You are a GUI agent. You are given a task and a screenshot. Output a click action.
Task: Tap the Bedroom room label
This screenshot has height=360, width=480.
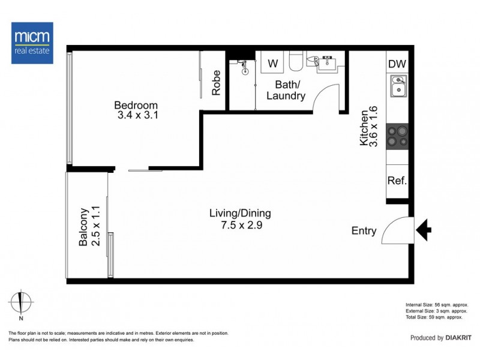coord(136,106)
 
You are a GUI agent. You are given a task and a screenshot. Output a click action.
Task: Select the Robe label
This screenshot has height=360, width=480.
coord(216,83)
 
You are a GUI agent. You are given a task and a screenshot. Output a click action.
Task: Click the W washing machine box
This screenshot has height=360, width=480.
coord(273,63)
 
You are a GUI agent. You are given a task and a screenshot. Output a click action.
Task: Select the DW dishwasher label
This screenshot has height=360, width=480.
coord(397,64)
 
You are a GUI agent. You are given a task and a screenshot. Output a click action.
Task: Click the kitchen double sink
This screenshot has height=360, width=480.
coord(397,86)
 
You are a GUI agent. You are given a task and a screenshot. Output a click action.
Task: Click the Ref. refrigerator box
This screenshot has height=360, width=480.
coord(397,181)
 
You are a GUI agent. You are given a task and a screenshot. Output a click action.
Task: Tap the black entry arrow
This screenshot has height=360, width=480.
coord(424,229)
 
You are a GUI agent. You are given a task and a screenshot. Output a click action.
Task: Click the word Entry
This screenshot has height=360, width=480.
coord(364,231)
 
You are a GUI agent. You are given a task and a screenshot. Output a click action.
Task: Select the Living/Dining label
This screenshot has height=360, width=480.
coord(240,213)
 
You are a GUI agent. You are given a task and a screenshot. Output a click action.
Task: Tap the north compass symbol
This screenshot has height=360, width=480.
coord(21,302)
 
